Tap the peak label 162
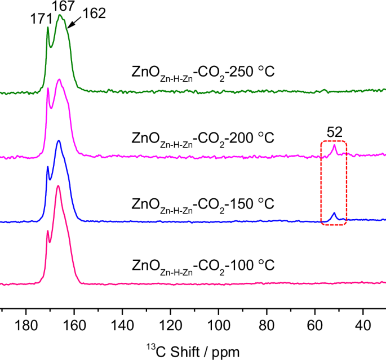(94, 14)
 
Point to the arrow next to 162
(74, 23)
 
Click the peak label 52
(334, 132)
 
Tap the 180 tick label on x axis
(26, 326)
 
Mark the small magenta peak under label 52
(334, 148)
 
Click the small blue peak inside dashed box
(334, 215)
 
